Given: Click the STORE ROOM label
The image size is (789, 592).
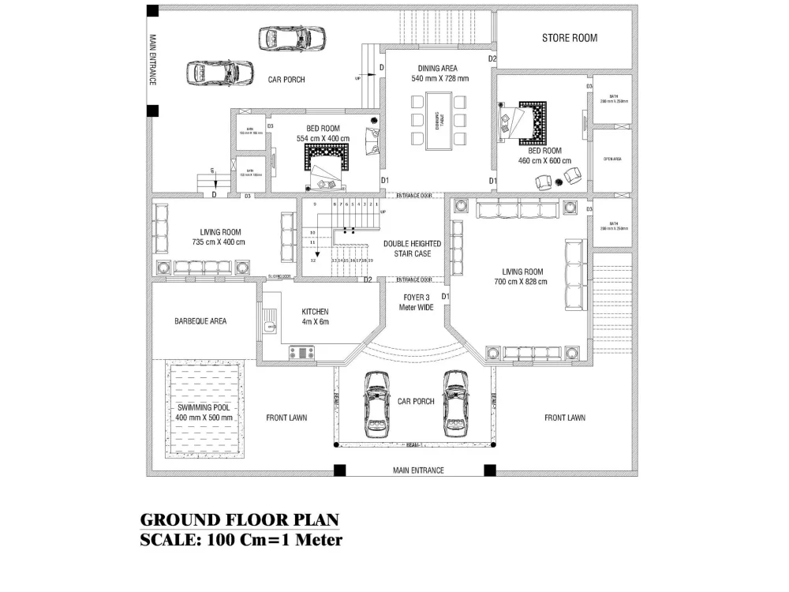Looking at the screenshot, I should coord(569,38).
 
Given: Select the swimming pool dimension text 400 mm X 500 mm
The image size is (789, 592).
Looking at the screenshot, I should coord(204,417).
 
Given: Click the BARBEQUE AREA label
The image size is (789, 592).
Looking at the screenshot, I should coord(200,322).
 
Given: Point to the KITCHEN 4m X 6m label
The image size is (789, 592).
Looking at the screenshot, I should coord(314,317).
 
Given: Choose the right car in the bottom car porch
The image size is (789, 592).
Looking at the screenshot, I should coord(454,402).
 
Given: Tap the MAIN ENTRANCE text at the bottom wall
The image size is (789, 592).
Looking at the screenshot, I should coord(418,470).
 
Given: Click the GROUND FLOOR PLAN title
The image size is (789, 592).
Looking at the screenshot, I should coord(239,520).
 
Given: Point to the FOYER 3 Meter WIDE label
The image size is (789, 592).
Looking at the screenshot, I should coord(415,302).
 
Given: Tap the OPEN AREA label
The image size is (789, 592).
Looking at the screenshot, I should coord(612,159).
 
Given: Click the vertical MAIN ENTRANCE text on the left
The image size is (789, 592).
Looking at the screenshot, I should coord(153,59).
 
